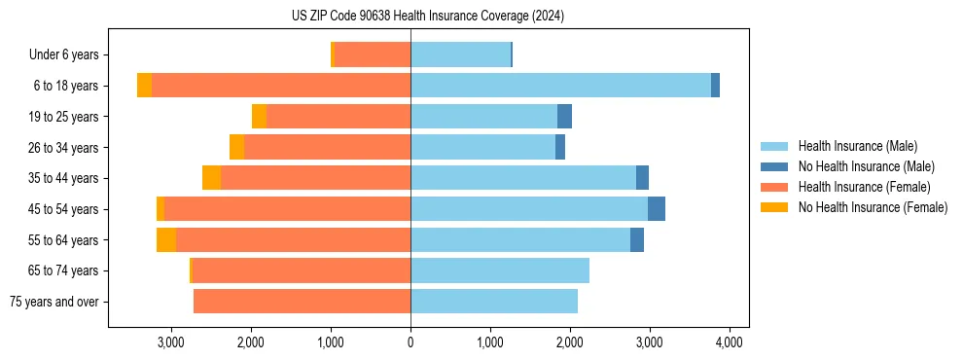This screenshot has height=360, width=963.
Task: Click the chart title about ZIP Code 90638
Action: (x=428, y=17)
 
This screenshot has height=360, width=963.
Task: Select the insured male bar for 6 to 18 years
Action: (x=560, y=86)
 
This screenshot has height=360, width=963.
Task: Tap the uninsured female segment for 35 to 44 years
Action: (x=211, y=178)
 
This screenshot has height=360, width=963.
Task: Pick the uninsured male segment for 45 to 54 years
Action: (x=657, y=209)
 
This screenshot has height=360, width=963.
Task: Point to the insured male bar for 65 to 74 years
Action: (x=500, y=270)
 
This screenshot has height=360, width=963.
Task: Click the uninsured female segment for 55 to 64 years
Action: (x=166, y=240)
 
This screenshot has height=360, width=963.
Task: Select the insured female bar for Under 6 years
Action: (x=373, y=54)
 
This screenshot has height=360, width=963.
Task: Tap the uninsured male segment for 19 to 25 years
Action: (x=564, y=117)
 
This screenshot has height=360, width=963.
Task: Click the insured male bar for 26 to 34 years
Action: (x=482, y=147)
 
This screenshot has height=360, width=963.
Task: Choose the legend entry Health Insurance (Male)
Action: (x=857, y=146)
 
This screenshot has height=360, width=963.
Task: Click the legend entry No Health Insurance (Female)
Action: (x=873, y=207)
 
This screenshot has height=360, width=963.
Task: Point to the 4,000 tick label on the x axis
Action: (x=730, y=342)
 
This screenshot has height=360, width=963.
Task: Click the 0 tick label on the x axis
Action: (x=410, y=342)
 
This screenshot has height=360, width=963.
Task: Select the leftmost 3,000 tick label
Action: (x=171, y=342)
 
